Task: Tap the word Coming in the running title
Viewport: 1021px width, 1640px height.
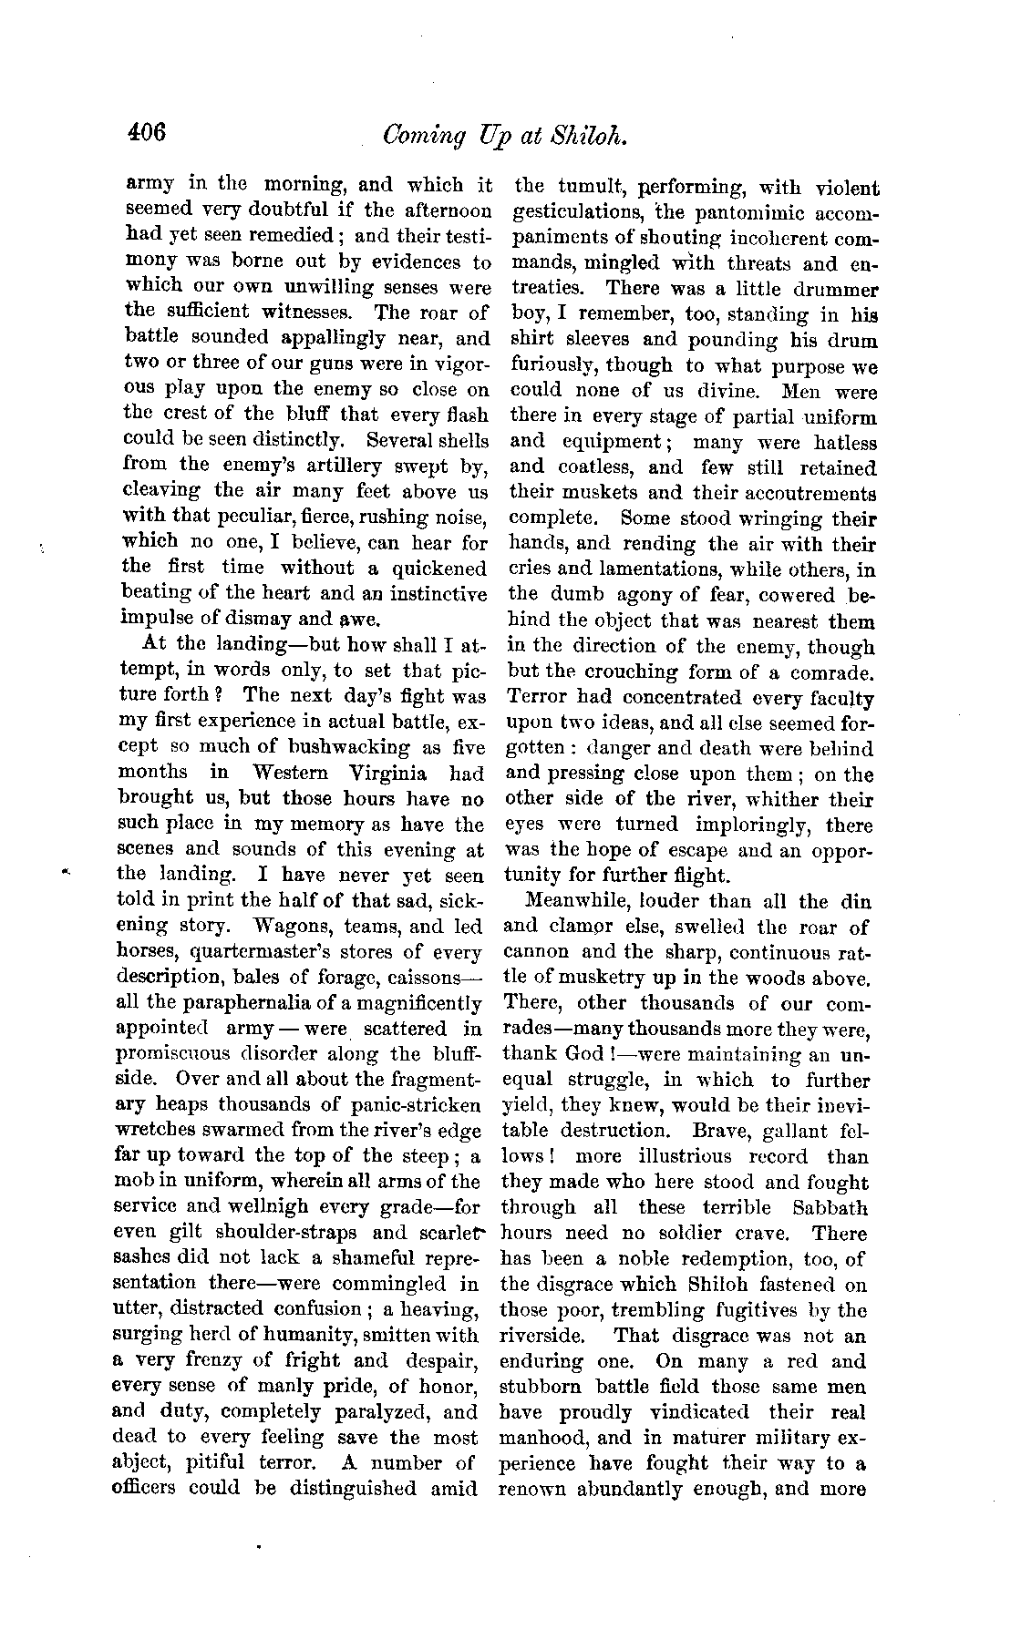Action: [x=422, y=137]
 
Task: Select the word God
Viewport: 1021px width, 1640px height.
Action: [x=577, y=1055]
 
